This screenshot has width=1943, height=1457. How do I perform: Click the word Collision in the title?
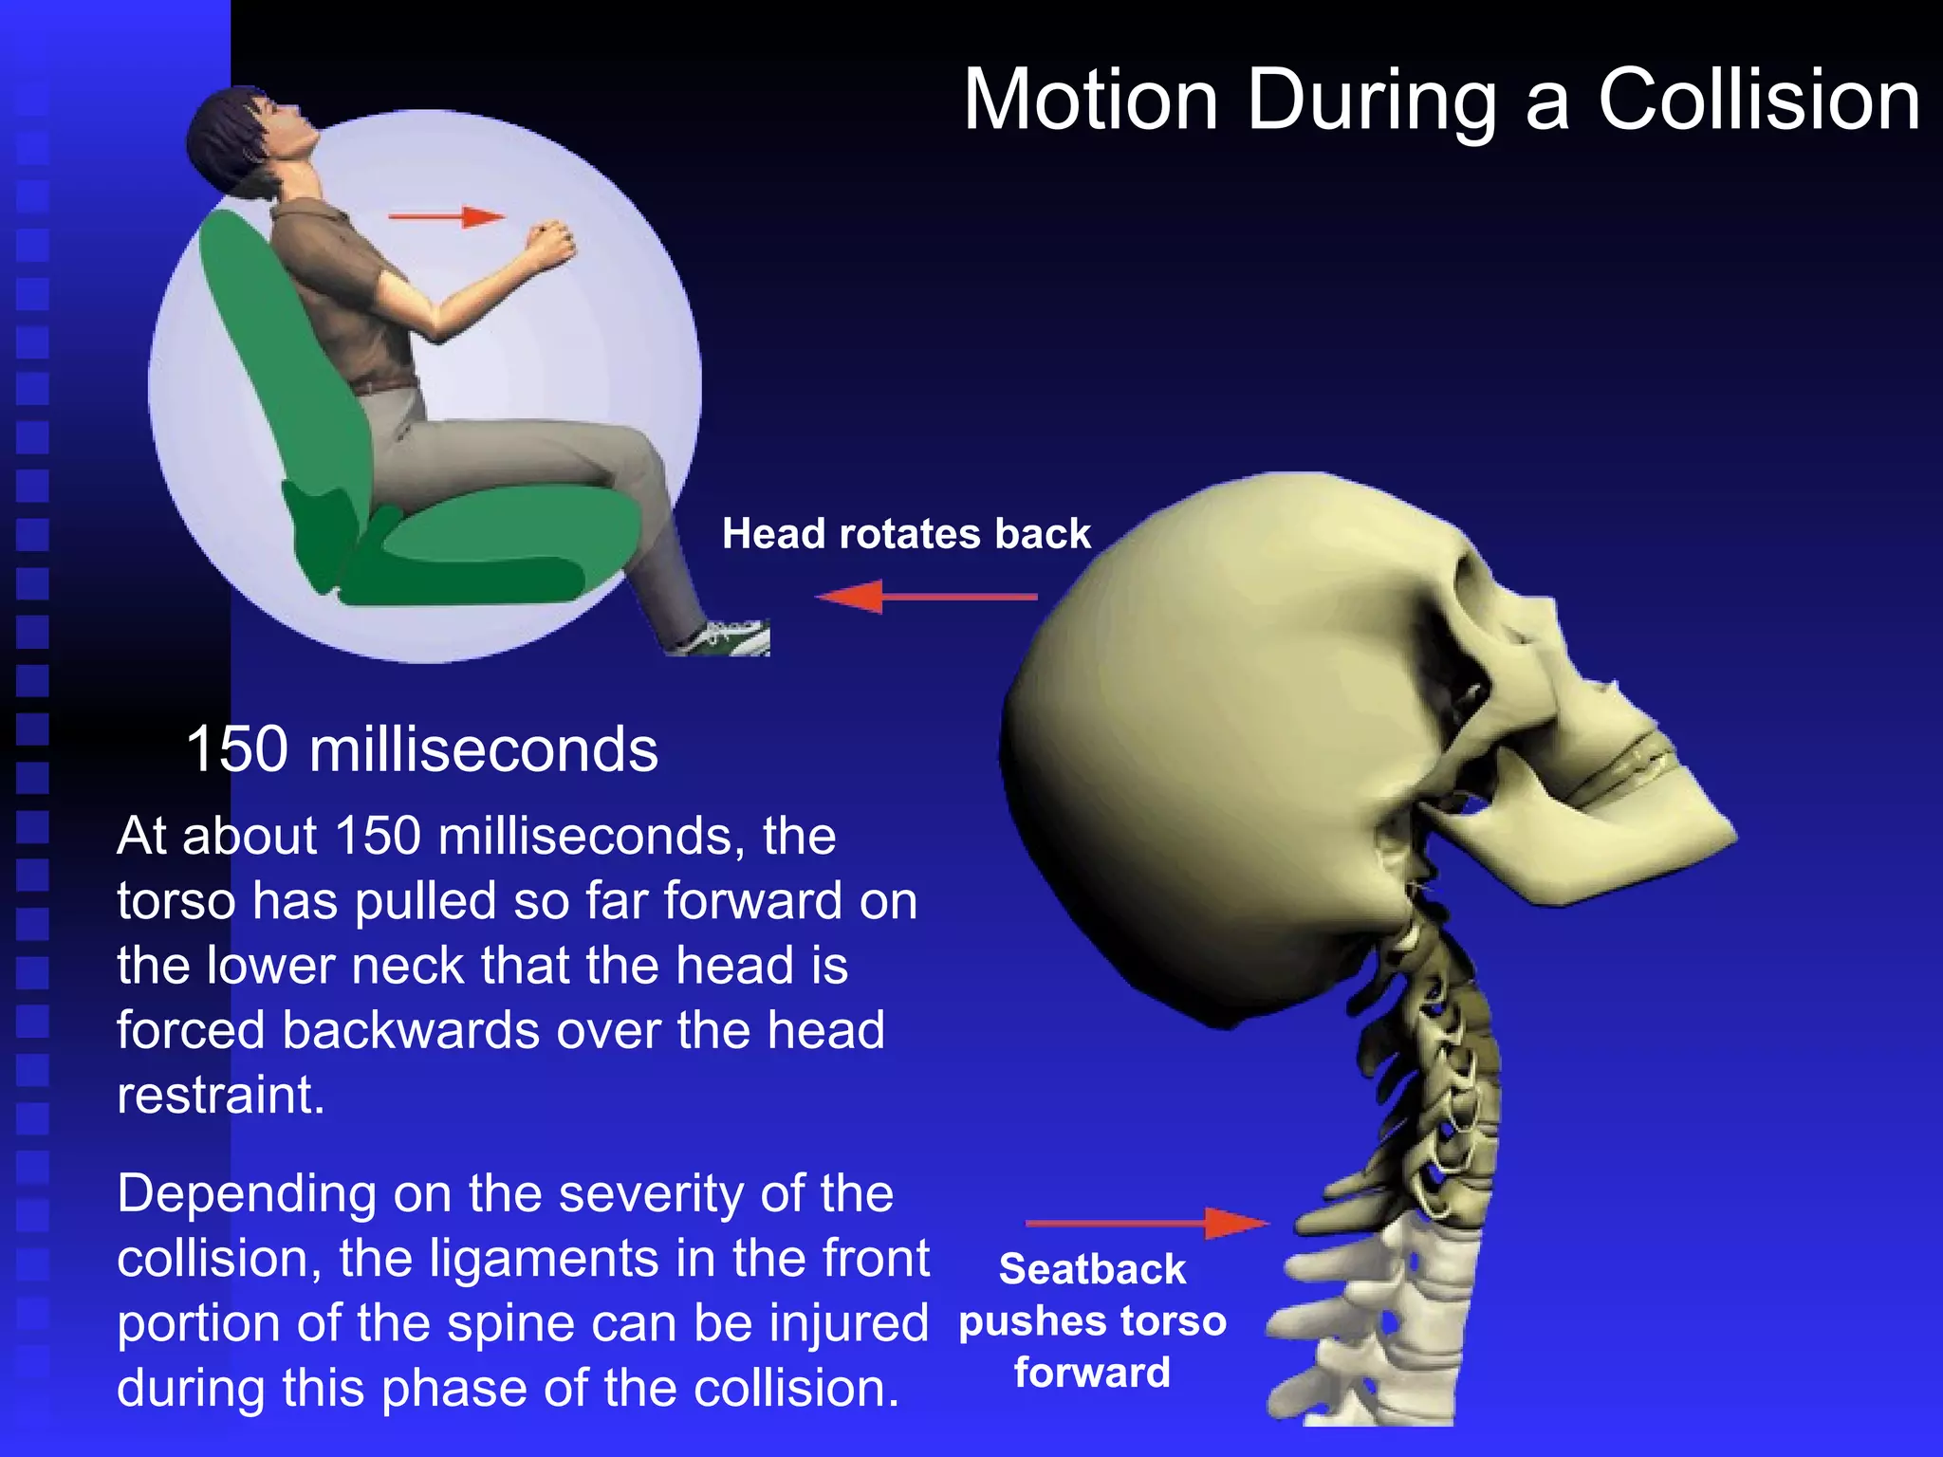coord(1759,100)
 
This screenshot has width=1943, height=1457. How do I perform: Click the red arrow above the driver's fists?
coord(446,217)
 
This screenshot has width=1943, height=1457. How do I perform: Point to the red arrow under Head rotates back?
coord(925,597)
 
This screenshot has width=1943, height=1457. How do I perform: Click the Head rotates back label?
coord(906,533)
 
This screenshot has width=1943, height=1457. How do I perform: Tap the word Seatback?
coord(1092,1269)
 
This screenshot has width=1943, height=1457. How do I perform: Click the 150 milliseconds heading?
coord(421,749)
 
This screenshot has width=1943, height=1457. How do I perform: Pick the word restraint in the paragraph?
coord(220,1095)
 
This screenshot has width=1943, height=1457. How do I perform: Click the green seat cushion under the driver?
coord(493,550)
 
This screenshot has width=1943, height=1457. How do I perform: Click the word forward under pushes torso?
coord(1092,1373)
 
